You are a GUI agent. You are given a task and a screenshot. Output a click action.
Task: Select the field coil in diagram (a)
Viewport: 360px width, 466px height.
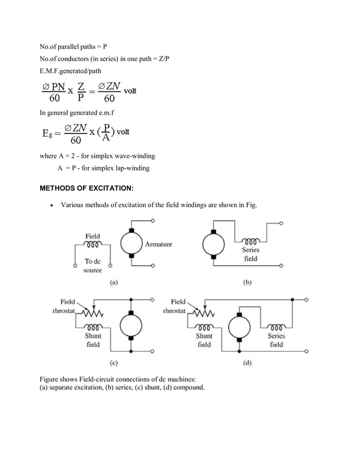(x=93, y=245)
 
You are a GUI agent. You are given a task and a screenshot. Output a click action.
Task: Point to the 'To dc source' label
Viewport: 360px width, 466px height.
(x=93, y=266)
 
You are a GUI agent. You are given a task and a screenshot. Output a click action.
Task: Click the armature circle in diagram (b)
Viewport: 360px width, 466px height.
(x=213, y=244)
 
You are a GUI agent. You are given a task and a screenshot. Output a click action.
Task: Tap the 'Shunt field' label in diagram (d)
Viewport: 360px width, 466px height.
(x=204, y=340)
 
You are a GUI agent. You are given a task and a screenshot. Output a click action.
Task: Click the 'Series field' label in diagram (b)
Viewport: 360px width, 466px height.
(x=251, y=254)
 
